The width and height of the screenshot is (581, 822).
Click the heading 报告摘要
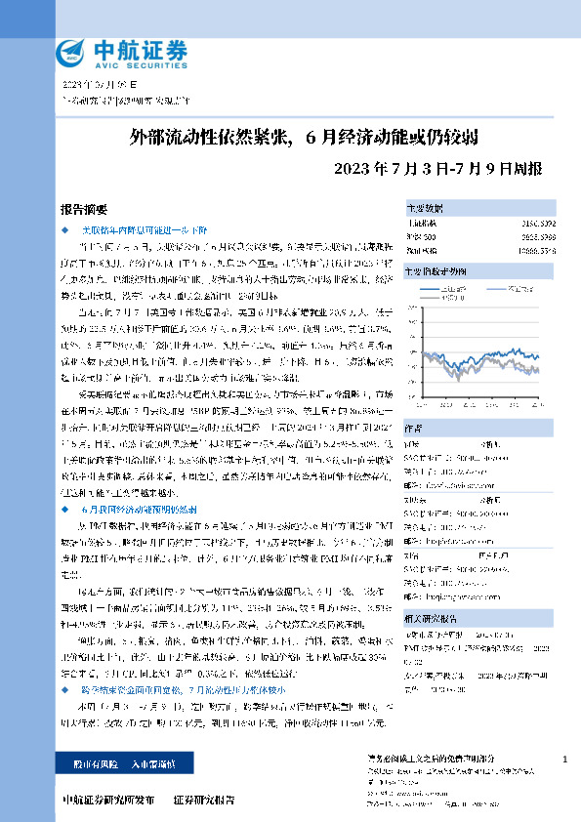click(x=80, y=208)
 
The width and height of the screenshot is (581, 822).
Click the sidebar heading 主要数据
click(x=425, y=209)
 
